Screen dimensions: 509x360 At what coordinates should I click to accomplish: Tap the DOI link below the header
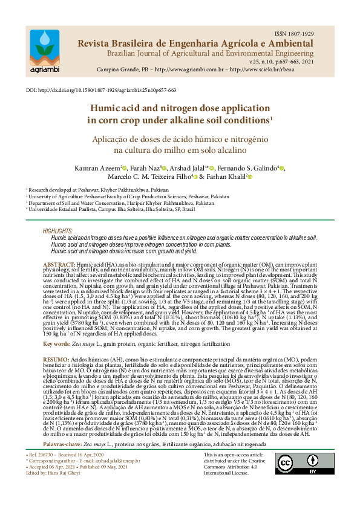(102, 89)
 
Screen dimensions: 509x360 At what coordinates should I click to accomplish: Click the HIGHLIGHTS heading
(57, 232)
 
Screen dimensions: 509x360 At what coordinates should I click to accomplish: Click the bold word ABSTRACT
(59, 265)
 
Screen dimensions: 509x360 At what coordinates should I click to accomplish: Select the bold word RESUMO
(58, 358)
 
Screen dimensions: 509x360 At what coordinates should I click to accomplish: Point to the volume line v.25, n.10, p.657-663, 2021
(282, 62)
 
